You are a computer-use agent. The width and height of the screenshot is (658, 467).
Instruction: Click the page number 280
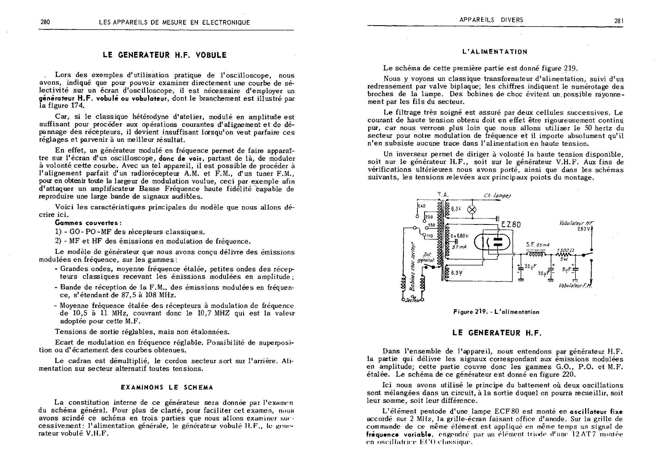point(45,22)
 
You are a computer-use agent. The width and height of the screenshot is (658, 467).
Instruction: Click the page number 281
point(619,21)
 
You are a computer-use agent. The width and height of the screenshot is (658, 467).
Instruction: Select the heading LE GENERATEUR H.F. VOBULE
point(165,55)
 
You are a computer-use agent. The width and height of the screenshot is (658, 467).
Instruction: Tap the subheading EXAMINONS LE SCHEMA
point(167,387)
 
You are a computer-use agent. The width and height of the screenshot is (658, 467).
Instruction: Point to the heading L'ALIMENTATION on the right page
point(495,52)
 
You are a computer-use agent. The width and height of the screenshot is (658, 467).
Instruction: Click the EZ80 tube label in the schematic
point(511,224)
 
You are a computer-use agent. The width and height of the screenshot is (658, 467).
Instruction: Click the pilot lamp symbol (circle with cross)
point(472,210)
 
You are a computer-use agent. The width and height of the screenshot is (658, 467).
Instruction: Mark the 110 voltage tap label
point(430,236)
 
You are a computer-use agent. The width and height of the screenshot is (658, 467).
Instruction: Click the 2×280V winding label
point(460,236)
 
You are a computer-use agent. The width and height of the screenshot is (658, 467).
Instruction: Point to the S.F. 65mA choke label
point(538,245)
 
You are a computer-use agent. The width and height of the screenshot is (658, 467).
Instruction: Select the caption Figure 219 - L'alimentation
point(496,312)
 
